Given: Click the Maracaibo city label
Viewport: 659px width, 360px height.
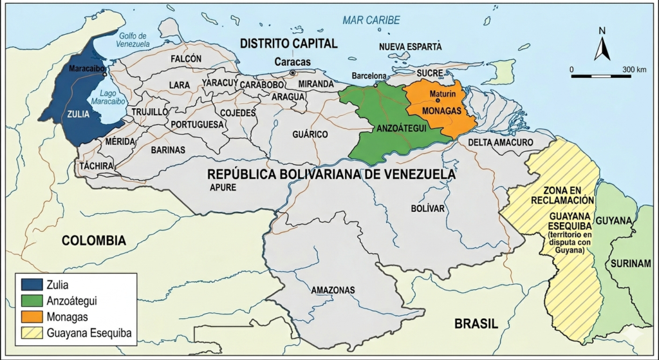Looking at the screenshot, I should click(x=88, y=68).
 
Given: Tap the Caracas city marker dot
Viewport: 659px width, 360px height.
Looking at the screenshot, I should click(x=293, y=73).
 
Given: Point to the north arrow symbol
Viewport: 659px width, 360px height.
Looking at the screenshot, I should click(x=602, y=46).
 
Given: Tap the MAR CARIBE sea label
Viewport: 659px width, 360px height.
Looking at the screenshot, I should click(x=371, y=20).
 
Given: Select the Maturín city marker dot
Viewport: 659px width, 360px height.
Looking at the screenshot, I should click(x=438, y=100).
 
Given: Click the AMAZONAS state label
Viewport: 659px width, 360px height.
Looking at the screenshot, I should click(x=333, y=290).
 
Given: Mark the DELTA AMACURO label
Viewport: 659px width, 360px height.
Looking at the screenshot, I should click(x=500, y=142).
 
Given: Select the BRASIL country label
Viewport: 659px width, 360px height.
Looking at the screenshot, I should click(x=476, y=324).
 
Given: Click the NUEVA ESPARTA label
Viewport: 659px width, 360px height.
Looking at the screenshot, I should click(x=410, y=47).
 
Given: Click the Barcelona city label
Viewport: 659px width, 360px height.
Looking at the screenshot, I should click(x=369, y=75).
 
